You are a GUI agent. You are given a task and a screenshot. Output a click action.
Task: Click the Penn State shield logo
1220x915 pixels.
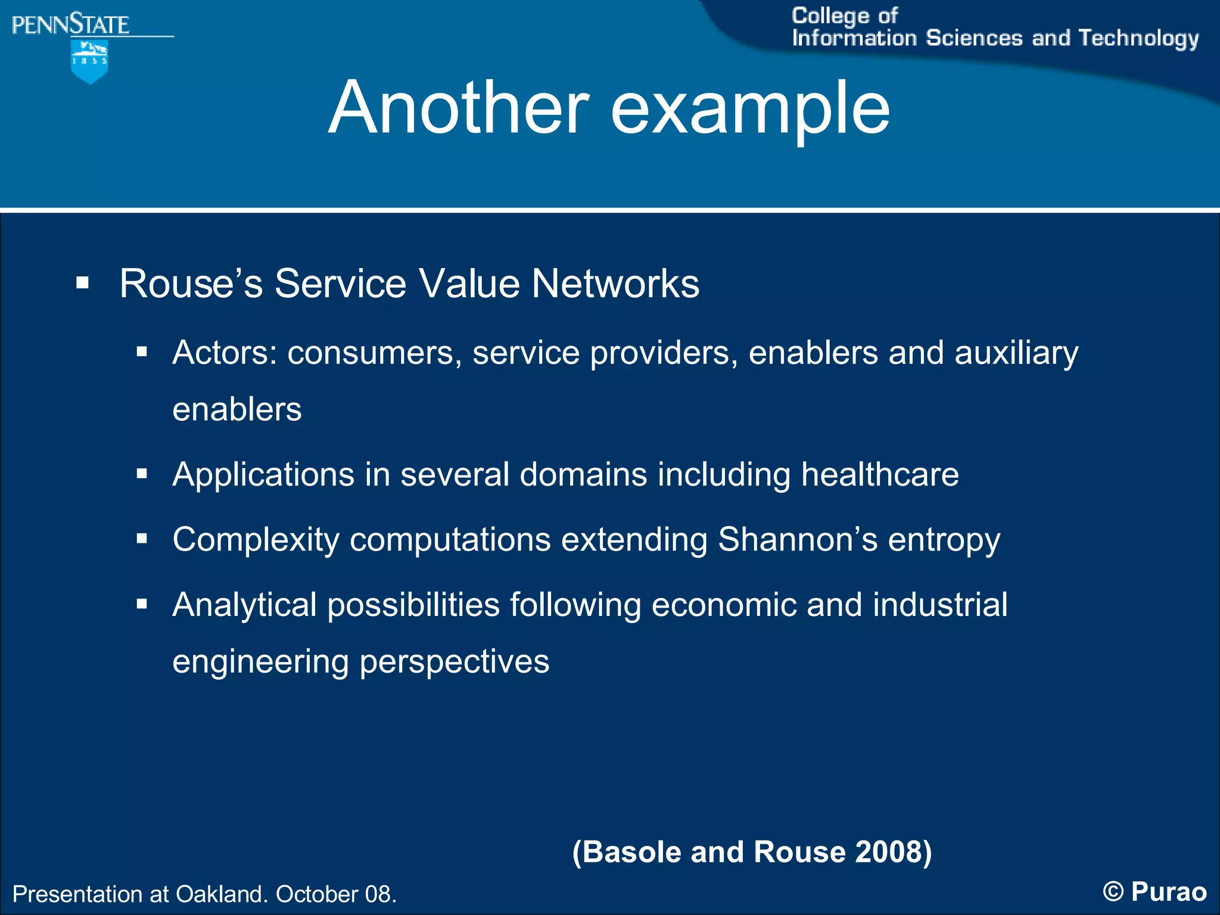tap(89, 61)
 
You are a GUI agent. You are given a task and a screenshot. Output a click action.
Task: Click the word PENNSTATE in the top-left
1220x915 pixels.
tap(70, 25)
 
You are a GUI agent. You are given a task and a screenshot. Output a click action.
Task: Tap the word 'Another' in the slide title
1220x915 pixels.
tap(459, 108)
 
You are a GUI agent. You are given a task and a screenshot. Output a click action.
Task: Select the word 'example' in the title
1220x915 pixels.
tap(750, 111)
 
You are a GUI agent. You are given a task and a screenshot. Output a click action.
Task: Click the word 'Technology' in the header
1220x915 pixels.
tap(1138, 39)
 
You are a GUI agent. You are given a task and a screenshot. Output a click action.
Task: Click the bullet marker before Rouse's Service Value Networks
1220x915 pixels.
tap(82, 282)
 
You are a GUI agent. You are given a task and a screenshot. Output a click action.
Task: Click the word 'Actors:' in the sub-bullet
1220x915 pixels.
tap(225, 353)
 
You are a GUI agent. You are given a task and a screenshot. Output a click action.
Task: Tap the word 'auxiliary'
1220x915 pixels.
tap(1016, 353)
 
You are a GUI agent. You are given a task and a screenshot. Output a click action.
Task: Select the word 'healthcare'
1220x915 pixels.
tap(880, 475)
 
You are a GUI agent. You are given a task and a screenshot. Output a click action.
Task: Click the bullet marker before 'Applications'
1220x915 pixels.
tap(142, 474)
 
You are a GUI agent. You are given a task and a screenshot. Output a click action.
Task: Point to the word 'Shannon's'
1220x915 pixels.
tap(798, 540)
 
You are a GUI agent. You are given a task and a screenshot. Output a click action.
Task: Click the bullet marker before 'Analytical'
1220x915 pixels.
tap(142, 605)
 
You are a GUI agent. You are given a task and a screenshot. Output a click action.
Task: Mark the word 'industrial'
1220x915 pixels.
tap(940, 605)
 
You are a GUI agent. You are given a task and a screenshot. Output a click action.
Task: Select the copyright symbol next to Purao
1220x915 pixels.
tap(1113, 892)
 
